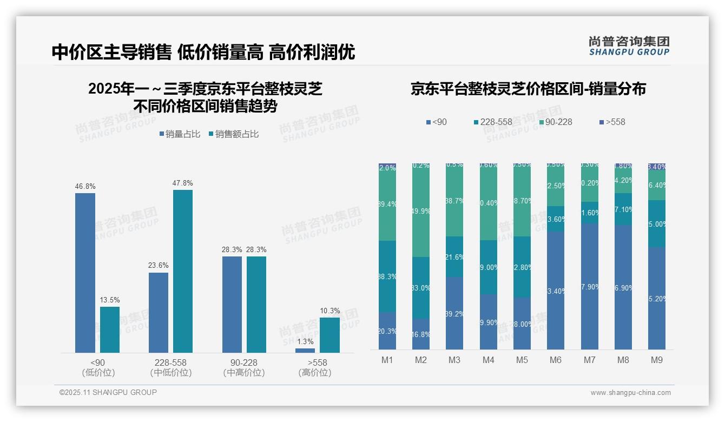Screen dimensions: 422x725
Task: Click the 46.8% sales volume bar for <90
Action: (85, 273)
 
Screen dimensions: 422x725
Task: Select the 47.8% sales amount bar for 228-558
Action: (183, 271)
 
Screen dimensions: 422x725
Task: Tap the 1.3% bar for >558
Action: (305, 351)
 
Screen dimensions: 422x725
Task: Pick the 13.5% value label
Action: (110, 300)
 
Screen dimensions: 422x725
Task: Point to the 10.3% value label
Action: (330, 311)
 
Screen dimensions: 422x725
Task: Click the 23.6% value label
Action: (159, 266)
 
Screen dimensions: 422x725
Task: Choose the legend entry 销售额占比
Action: (233, 134)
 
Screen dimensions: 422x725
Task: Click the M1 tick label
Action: (387, 360)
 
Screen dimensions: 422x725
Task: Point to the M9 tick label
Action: (656, 360)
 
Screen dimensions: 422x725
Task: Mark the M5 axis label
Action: (522, 360)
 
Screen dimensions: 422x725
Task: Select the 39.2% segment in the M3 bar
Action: (454, 313)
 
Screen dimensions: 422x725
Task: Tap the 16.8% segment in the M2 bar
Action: (421, 334)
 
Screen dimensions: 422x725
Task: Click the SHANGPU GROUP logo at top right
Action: (629, 46)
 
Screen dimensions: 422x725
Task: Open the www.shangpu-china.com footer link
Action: (630, 393)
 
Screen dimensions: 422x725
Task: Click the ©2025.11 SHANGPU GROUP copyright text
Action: (108, 392)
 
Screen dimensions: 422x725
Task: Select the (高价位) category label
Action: (314, 373)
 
